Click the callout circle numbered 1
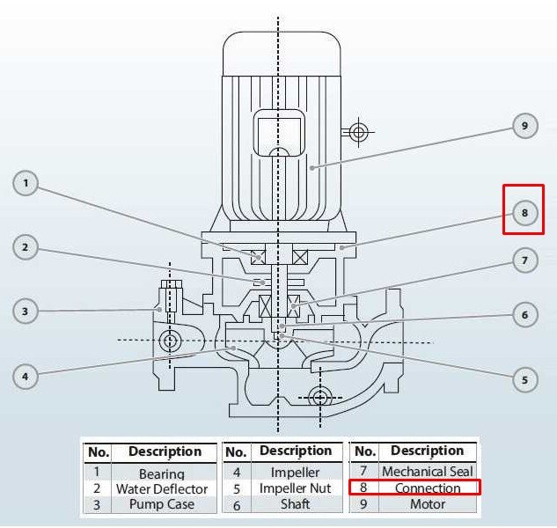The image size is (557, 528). coord(26,184)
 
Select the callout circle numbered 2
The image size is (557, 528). coord(26,247)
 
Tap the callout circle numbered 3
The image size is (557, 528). coord(26,311)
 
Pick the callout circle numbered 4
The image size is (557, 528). coord(26,376)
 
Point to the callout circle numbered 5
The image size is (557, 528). coord(524,379)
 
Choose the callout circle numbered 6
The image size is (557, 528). coord(524,314)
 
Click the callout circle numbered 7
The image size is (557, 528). coord(524,260)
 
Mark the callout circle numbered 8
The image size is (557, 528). coord(524,212)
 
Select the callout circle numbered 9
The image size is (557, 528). coord(524,127)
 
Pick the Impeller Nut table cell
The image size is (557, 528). coord(295,488)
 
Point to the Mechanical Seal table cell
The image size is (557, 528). coord(427,472)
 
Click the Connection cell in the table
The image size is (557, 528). coord(427,488)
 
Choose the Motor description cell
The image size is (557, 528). coord(427,504)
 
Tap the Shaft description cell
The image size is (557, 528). coord(295,504)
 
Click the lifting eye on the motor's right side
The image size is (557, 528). coord(358,133)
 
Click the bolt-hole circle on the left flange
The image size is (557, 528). coord(168,341)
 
